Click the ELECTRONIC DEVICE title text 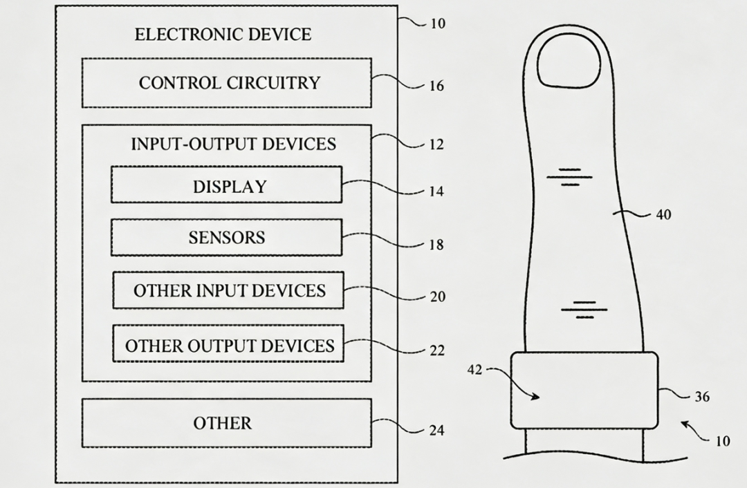[x=223, y=35]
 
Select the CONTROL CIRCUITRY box [x=227, y=83]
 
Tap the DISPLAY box [x=227, y=185]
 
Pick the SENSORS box [x=227, y=238]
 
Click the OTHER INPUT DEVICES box [x=228, y=290]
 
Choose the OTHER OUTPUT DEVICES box [x=228, y=344]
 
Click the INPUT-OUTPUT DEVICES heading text [x=234, y=144]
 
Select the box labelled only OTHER [x=227, y=423]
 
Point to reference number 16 [x=436, y=86]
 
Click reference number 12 [x=436, y=144]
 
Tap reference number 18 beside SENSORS [x=436, y=245]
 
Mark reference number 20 [x=437, y=297]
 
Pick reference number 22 [x=437, y=350]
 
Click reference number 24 [x=437, y=431]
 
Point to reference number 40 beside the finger [x=663, y=215]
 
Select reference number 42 [x=474, y=369]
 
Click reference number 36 [x=702, y=397]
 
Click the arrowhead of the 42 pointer [x=537, y=397]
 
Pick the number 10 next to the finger [x=723, y=441]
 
